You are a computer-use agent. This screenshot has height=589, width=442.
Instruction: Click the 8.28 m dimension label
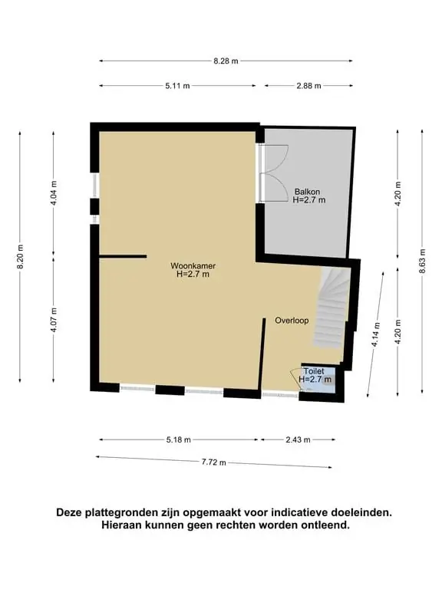tap(226, 61)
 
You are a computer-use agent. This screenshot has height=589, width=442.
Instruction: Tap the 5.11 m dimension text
tap(177, 86)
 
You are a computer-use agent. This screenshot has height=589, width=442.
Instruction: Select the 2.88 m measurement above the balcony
tap(308, 86)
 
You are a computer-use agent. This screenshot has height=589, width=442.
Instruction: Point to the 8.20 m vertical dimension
tap(20, 256)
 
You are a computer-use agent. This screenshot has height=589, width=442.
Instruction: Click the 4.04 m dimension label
tap(54, 193)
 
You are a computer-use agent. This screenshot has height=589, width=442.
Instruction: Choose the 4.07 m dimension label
tap(54, 320)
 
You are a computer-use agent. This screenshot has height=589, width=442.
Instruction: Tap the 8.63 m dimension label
tap(423, 260)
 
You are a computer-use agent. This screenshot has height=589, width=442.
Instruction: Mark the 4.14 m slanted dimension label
tap(375, 335)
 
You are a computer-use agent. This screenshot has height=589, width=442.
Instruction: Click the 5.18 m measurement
tap(179, 439)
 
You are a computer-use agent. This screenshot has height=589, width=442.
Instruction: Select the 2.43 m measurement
tap(298, 439)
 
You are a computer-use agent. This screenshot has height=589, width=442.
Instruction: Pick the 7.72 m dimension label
tap(214, 462)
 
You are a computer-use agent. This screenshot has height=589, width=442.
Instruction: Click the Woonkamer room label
tap(193, 266)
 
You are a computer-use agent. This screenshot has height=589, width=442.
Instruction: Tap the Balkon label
tap(308, 192)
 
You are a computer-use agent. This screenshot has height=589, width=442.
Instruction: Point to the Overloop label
tap(292, 321)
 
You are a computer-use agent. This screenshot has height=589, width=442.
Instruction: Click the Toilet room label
tap(314, 371)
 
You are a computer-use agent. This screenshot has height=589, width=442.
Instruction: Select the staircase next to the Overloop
tap(331, 308)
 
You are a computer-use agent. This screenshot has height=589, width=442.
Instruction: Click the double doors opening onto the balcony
tap(274, 173)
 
